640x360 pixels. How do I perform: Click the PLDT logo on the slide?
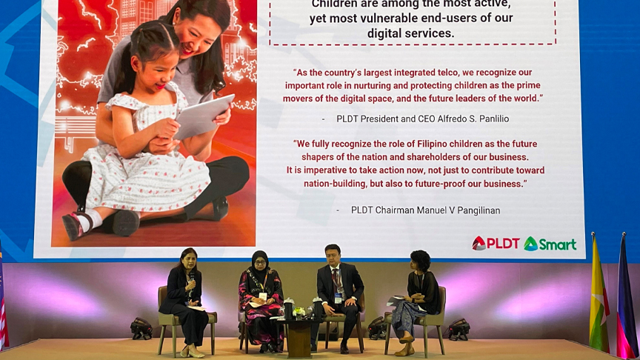[x=496, y=244]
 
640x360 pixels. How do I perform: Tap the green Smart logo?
[x=550, y=244]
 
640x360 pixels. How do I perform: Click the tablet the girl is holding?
[x=204, y=116]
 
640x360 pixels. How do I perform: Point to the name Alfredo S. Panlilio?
[x=473, y=119]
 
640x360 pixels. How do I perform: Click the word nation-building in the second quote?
[x=335, y=184]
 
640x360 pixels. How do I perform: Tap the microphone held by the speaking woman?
[x=191, y=281]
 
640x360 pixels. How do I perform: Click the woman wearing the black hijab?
[x=261, y=301]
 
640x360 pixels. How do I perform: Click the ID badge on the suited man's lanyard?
[x=338, y=299]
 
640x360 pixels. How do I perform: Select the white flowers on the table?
[x=299, y=312]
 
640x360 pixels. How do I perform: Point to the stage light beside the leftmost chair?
[x=141, y=329]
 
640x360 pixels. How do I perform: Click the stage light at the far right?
[x=459, y=330]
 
